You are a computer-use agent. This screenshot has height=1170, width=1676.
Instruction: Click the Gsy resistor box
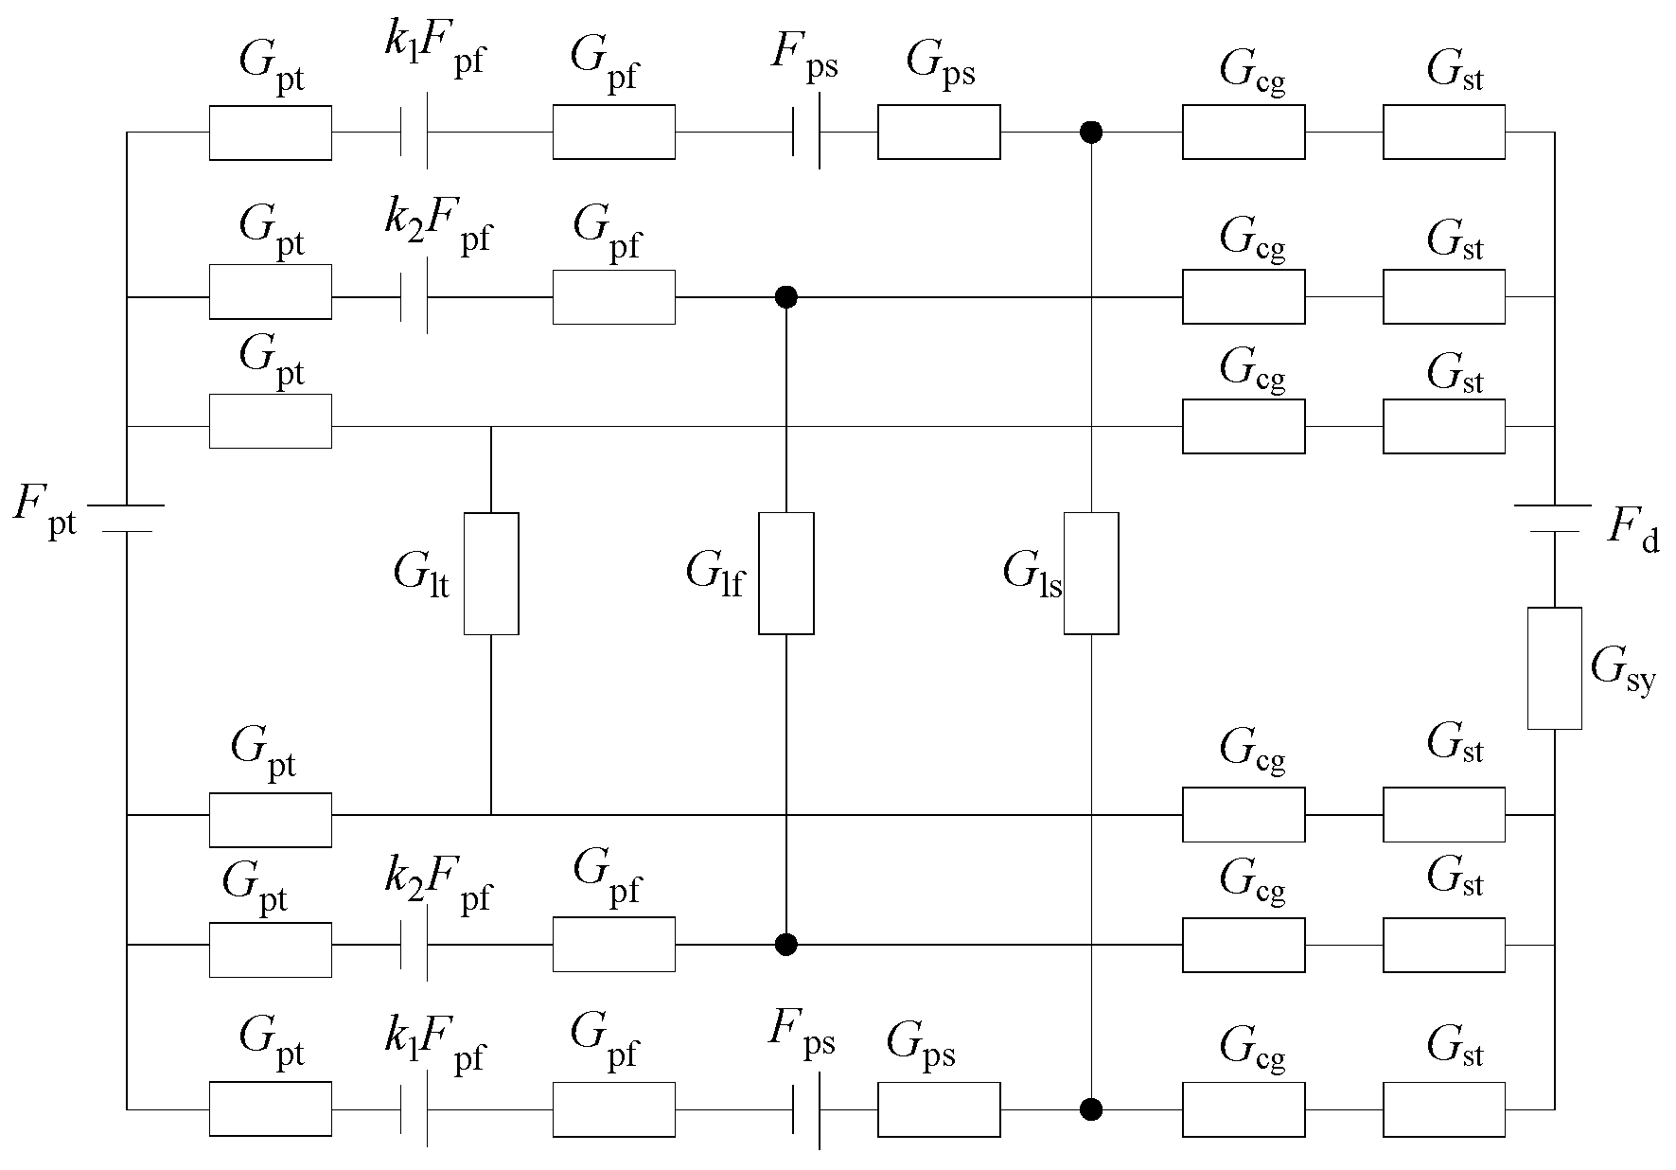click(1554, 668)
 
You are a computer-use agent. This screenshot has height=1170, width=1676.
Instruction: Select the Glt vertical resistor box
click(491, 574)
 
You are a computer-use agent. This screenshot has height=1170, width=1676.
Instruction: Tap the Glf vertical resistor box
click(785, 574)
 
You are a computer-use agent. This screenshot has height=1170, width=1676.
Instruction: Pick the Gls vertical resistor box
click(1091, 574)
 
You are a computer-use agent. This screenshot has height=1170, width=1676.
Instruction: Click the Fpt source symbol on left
click(126, 519)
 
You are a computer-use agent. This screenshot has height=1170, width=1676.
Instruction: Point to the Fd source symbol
click(1554, 519)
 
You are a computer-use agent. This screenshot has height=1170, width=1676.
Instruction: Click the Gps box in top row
click(939, 133)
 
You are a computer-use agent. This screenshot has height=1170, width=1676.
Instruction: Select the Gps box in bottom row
click(939, 1108)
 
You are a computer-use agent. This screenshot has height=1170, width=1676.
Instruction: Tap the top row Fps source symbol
click(806, 133)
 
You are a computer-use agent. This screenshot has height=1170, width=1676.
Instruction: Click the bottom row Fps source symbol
click(806, 1108)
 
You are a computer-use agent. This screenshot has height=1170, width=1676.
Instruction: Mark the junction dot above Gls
click(1091, 133)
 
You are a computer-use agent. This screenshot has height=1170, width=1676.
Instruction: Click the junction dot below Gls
click(1091, 1108)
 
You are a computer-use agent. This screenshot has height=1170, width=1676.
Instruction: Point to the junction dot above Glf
click(785, 297)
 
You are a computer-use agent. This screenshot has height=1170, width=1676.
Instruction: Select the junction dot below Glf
click(785, 944)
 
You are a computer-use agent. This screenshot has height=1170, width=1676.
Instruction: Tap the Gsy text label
click(1623, 670)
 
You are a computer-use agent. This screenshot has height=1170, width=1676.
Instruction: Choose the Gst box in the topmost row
click(1443, 133)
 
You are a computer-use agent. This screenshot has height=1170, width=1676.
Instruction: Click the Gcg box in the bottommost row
click(1244, 1108)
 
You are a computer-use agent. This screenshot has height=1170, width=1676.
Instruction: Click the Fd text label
click(1633, 532)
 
